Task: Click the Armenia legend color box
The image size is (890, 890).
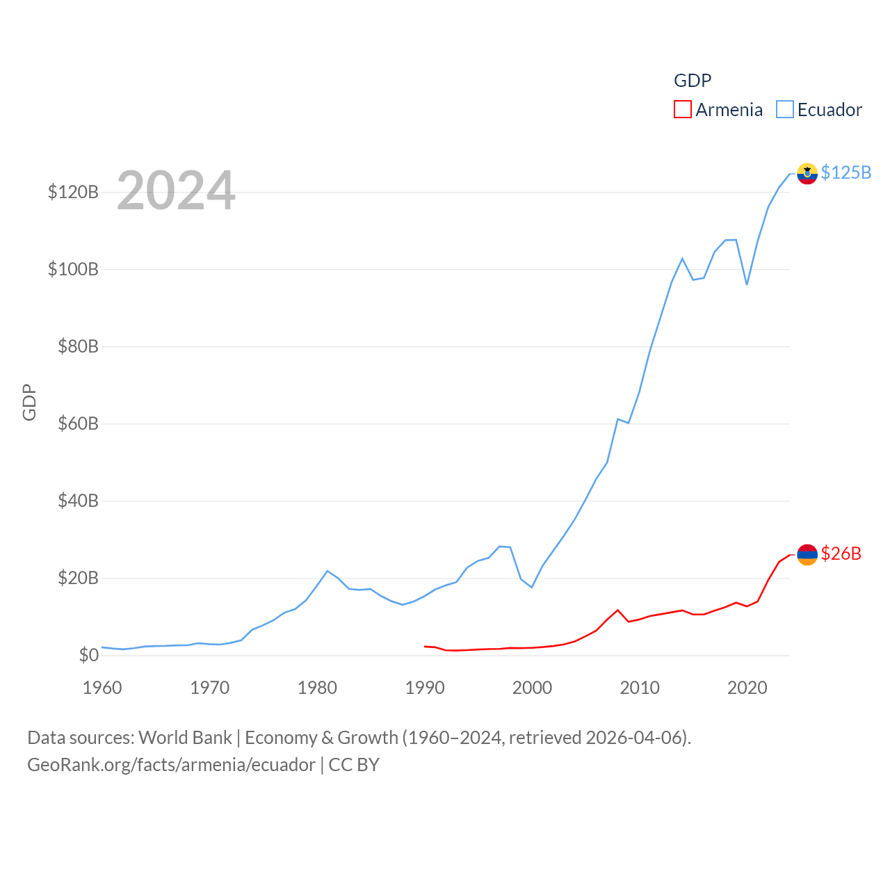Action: tap(683, 110)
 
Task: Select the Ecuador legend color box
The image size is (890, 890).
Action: tap(785, 110)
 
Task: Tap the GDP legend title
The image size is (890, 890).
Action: tap(693, 81)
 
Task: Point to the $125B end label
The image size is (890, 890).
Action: tap(845, 172)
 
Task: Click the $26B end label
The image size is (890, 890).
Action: tap(841, 553)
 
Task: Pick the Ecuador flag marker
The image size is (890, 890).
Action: tap(807, 173)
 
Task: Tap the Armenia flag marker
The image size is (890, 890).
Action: tap(807, 554)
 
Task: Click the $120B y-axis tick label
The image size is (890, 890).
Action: tap(73, 192)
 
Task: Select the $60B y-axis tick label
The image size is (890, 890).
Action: tap(78, 423)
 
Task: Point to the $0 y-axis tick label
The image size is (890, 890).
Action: tap(88, 655)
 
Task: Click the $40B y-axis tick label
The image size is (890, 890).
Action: tap(78, 501)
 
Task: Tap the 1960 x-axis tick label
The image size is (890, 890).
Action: tap(102, 688)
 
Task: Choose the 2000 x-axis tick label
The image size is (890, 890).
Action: tap(532, 688)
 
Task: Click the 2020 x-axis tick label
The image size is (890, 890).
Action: tap(747, 688)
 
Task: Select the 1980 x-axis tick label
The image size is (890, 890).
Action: tap(317, 688)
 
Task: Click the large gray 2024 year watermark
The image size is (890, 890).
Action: tap(176, 191)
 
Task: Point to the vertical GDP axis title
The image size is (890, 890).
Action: tap(29, 402)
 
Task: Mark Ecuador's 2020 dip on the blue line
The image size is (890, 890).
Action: tap(747, 284)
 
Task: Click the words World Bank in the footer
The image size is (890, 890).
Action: tap(185, 737)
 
